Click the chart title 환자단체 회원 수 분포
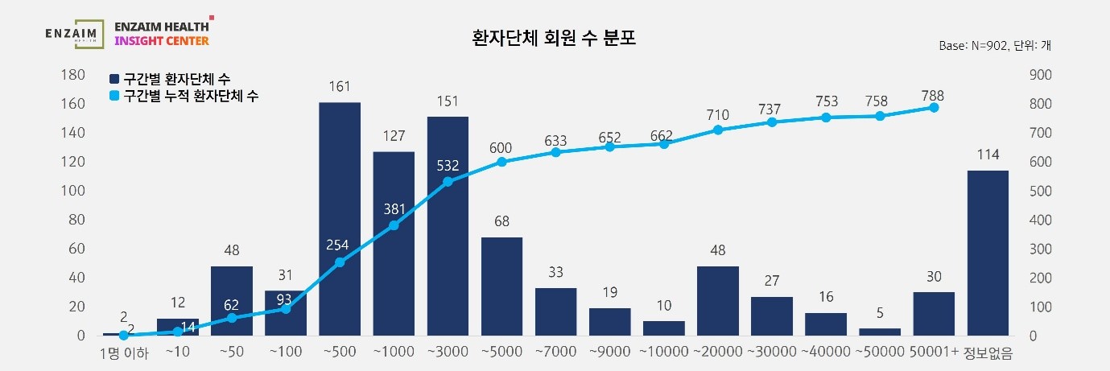(554, 38)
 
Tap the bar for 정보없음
(988, 253)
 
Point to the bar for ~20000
(718, 300)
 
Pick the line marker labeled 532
(448, 182)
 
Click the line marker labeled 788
(934, 107)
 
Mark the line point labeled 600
(502, 162)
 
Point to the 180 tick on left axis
(75, 75)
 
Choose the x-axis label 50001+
(935, 352)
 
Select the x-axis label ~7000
(556, 352)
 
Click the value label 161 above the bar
(340, 86)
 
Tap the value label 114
(988, 155)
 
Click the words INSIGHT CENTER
(162, 40)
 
